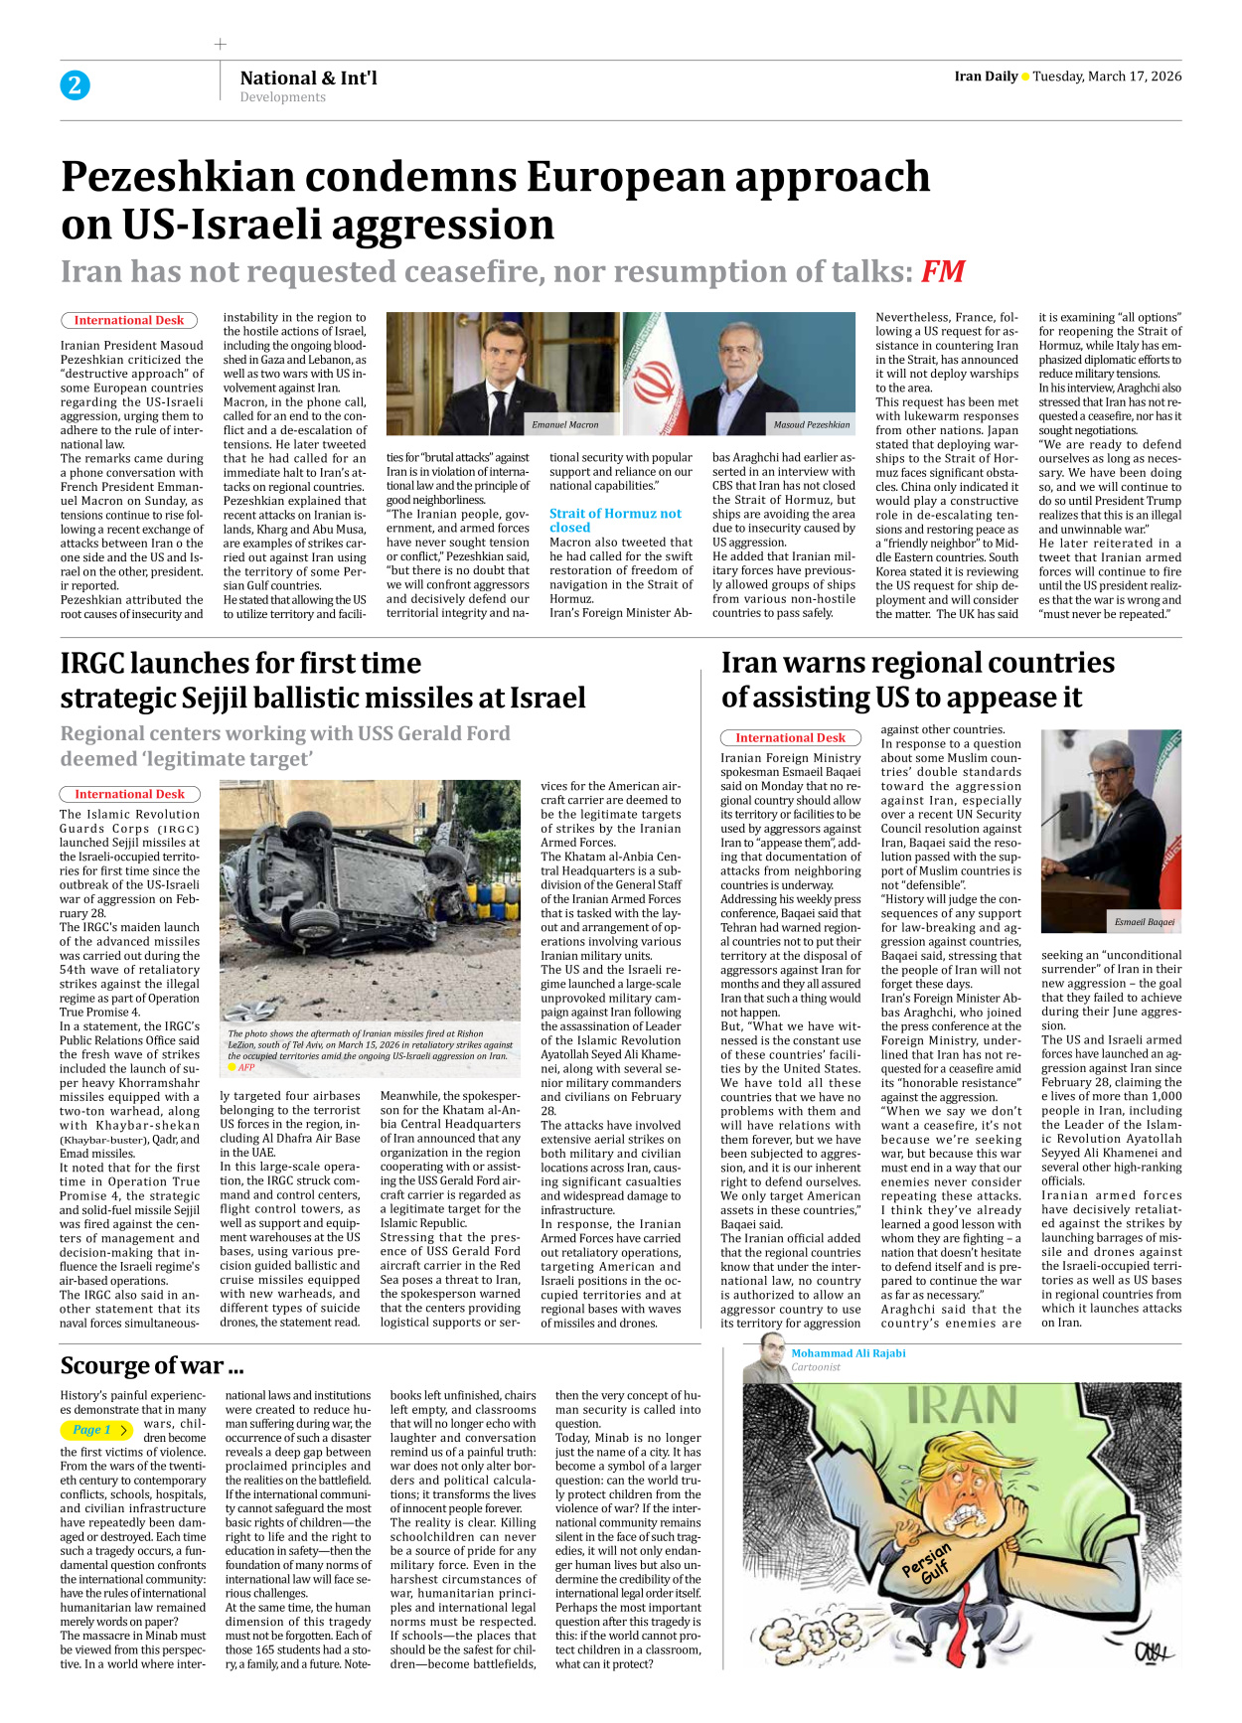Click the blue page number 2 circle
[x=75, y=85]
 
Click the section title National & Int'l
[x=308, y=78]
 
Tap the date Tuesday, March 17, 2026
[x=1107, y=77]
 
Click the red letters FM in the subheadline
[x=943, y=271]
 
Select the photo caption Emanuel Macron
[x=564, y=424]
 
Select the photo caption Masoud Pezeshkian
[x=812, y=424]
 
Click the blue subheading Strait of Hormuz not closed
[x=615, y=520]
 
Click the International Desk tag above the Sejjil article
[x=129, y=794]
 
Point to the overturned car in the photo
[x=368, y=894]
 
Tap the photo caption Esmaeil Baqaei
[x=1144, y=921]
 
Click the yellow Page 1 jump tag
[x=95, y=1430]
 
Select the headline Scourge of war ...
[x=151, y=1365]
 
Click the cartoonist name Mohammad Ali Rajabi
[x=848, y=1352]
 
